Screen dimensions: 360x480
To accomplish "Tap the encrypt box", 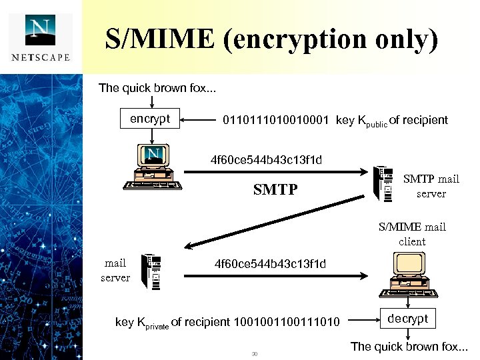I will [x=151, y=119].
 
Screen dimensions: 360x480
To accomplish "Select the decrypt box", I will [x=408, y=319].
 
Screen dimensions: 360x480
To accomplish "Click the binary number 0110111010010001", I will [x=276, y=121].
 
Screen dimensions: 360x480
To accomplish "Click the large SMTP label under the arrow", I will [x=275, y=190].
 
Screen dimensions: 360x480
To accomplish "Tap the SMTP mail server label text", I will [x=431, y=186].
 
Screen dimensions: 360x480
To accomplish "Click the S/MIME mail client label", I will [x=412, y=234].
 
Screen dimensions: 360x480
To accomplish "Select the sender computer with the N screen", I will [x=151, y=167].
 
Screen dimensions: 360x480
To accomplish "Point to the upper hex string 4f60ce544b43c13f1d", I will [x=266, y=160].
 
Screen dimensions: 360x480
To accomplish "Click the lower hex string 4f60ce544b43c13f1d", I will [x=270, y=264].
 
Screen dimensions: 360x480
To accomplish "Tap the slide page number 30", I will [x=255, y=353].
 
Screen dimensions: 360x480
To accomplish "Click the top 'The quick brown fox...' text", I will [x=157, y=88].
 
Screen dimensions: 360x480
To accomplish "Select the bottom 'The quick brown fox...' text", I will [x=409, y=346].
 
